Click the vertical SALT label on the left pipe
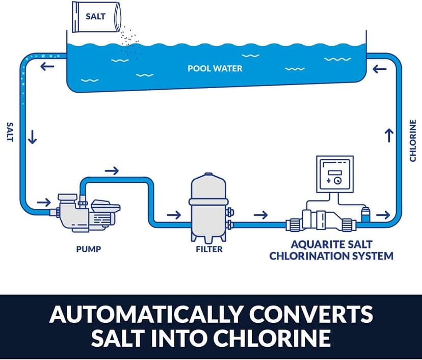[9, 131]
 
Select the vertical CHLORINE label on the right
[413, 141]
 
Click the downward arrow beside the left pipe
[32, 137]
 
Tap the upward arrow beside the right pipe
[389, 135]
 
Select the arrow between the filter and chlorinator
[261, 214]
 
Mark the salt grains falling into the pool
[130, 43]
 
